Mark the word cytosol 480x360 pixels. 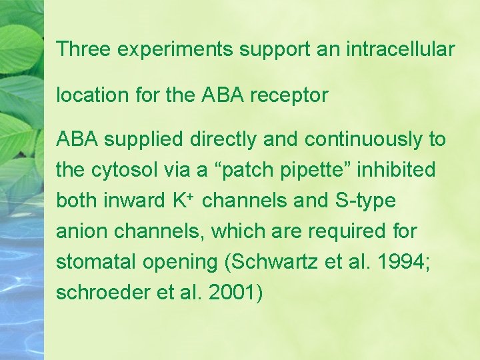click(122, 171)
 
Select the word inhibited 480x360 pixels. click(395, 170)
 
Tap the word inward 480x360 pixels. click(140, 201)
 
